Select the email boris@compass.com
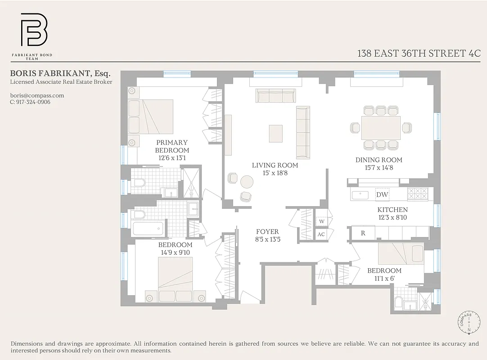[x=37, y=95]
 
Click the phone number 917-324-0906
[x=30, y=102]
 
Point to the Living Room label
[x=275, y=165]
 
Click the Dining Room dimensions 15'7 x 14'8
[x=379, y=167]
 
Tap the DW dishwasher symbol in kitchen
[x=382, y=195]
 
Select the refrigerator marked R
[x=363, y=233]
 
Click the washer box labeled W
[x=322, y=221]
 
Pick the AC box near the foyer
[x=321, y=234]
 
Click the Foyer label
[x=267, y=232]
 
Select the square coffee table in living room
[x=275, y=133]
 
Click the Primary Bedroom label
[x=172, y=146]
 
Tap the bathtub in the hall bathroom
[x=149, y=228]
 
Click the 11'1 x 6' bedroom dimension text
[x=384, y=278]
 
